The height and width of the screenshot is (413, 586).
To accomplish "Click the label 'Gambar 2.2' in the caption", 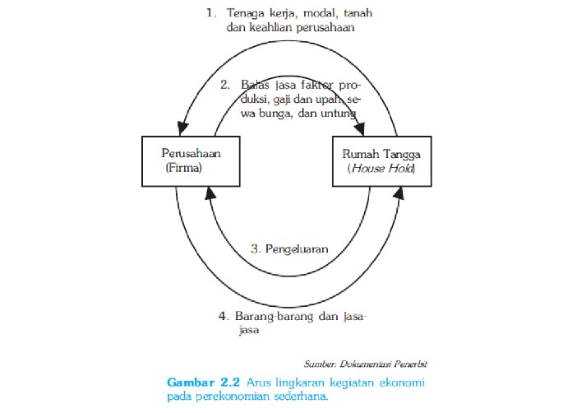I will point(197,383).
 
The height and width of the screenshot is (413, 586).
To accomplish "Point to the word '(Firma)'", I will point(185,169).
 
